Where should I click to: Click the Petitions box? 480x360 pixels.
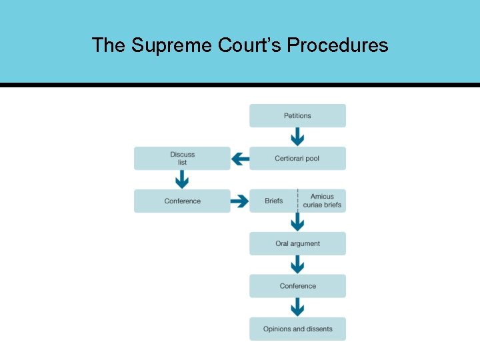pyautogui.click(x=297, y=115)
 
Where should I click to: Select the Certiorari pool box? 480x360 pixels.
pyautogui.click(x=297, y=159)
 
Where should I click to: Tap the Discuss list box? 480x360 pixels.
pyautogui.click(x=182, y=159)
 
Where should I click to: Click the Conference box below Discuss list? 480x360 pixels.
pyautogui.click(x=182, y=201)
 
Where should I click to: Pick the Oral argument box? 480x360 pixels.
pyautogui.click(x=297, y=244)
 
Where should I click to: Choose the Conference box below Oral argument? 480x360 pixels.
pyautogui.click(x=297, y=286)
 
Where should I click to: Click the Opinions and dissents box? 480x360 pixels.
pyautogui.click(x=297, y=329)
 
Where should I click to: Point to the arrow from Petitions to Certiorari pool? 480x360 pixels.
pyautogui.click(x=297, y=137)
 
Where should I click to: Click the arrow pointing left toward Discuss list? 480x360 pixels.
pyautogui.click(x=240, y=159)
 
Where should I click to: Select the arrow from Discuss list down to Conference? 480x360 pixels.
pyautogui.click(x=182, y=179)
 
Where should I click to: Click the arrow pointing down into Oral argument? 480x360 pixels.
pyautogui.click(x=297, y=223)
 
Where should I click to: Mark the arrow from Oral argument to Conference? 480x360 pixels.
pyautogui.click(x=297, y=265)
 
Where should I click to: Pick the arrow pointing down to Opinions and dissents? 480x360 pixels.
pyautogui.click(x=297, y=307)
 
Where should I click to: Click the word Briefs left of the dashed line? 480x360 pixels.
pyautogui.click(x=273, y=201)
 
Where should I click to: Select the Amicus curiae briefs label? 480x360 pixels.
pyautogui.click(x=322, y=201)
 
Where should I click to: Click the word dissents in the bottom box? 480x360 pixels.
pyautogui.click(x=317, y=329)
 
